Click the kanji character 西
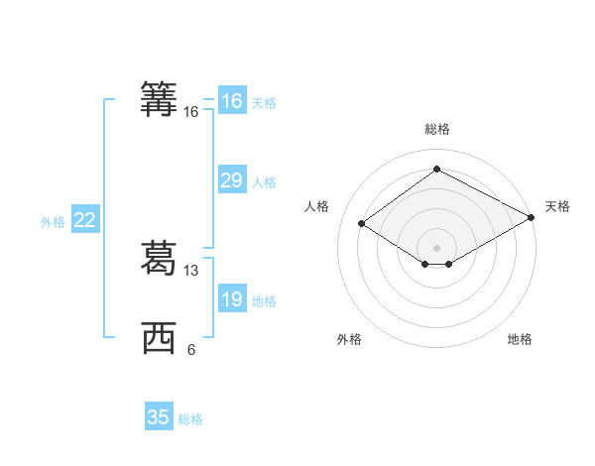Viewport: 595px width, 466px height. click(x=159, y=339)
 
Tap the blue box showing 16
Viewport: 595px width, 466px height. click(x=231, y=101)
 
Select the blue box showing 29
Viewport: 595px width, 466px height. click(x=231, y=180)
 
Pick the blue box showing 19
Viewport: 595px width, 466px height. click(x=231, y=300)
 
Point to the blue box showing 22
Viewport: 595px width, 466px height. click(x=84, y=220)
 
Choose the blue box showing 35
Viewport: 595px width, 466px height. click(x=159, y=417)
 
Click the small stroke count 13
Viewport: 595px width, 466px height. click(x=191, y=271)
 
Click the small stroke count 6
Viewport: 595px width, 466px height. click(x=191, y=350)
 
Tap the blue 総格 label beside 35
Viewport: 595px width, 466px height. click(x=190, y=419)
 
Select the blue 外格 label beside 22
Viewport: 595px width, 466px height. click(x=53, y=222)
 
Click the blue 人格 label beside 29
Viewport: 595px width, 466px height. click(x=264, y=182)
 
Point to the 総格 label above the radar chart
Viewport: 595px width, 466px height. click(x=436, y=129)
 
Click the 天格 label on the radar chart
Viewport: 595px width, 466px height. click(x=557, y=206)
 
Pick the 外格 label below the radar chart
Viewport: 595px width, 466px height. click(x=349, y=339)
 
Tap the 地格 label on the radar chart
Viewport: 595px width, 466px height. click(x=520, y=339)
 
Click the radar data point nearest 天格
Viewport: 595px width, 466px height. click(x=532, y=218)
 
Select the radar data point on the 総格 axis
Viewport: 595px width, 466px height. click(x=436, y=170)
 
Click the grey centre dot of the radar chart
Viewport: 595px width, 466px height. click(x=436, y=247)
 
